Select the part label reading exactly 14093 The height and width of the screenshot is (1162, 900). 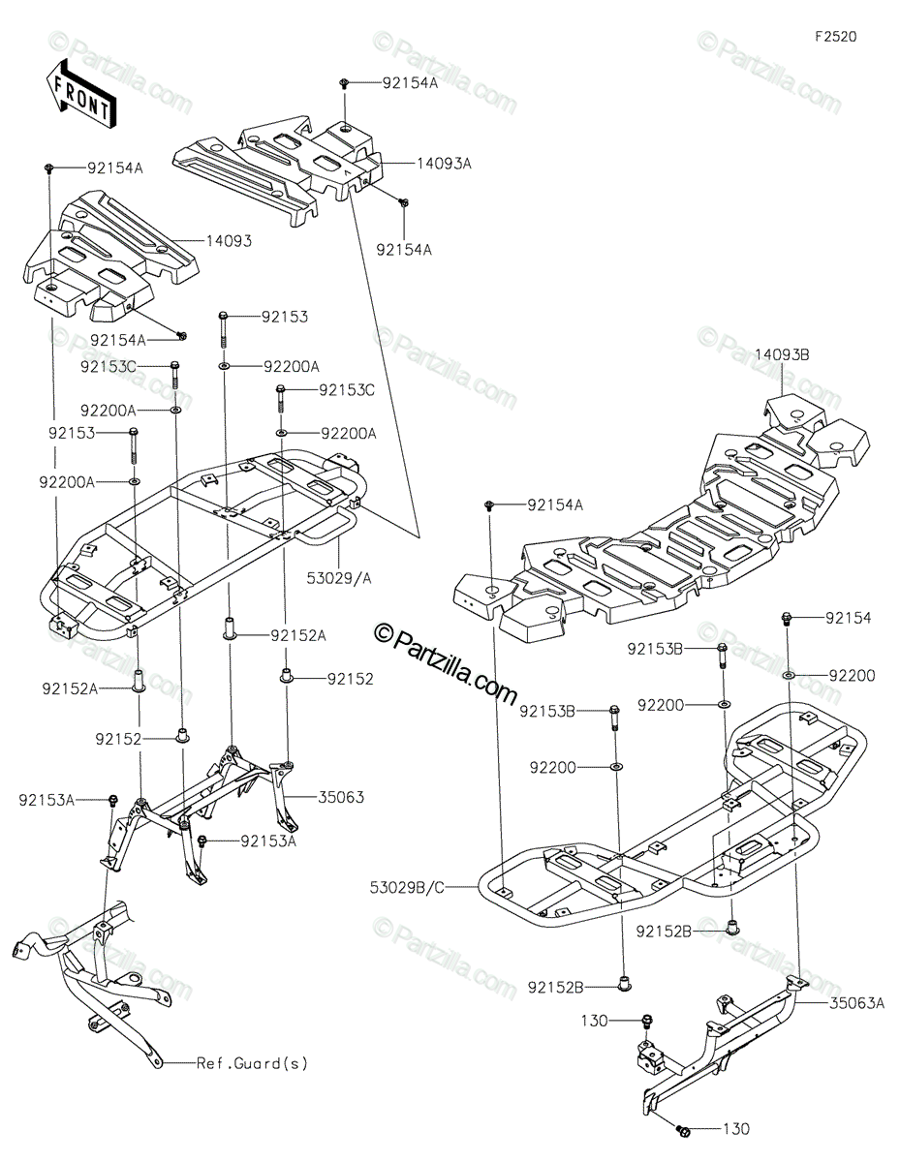[x=229, y=240]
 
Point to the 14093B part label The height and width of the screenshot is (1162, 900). [x=782, y=355]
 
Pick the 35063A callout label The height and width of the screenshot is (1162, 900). [x=857, y=1003]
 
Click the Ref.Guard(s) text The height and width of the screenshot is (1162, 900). [x=252, y=1063]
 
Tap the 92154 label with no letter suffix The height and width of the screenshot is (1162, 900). [x=850, y=617]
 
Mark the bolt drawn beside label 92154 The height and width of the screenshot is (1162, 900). [x=787, y=618]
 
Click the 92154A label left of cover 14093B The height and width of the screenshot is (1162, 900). [x=555, y=505]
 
